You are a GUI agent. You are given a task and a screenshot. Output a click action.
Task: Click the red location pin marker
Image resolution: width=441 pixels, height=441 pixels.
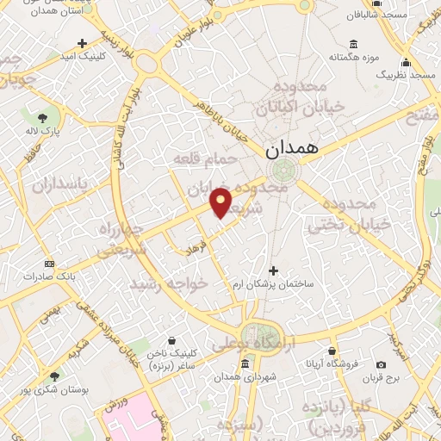point(221,203)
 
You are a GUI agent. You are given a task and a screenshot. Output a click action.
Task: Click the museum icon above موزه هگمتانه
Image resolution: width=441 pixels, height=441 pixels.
point(354,45)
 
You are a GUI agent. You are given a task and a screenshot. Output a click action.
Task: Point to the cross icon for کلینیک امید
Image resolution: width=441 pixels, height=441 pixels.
point(82,43)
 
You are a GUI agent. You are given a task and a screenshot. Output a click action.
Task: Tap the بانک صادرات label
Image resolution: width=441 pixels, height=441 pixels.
point(49,276)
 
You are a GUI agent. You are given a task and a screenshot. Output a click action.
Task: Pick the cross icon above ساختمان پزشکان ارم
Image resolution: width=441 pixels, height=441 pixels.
point(274,270)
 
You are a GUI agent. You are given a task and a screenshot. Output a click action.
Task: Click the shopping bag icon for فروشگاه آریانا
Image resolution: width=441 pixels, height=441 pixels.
point(332,351)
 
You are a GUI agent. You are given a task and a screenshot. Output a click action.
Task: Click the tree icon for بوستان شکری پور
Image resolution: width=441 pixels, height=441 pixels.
point(55,376)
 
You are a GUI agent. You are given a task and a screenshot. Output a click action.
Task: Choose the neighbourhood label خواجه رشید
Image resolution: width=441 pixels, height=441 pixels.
point(169,283)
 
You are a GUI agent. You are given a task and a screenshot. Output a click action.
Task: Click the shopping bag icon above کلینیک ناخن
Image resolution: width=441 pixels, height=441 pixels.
point(172,340)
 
